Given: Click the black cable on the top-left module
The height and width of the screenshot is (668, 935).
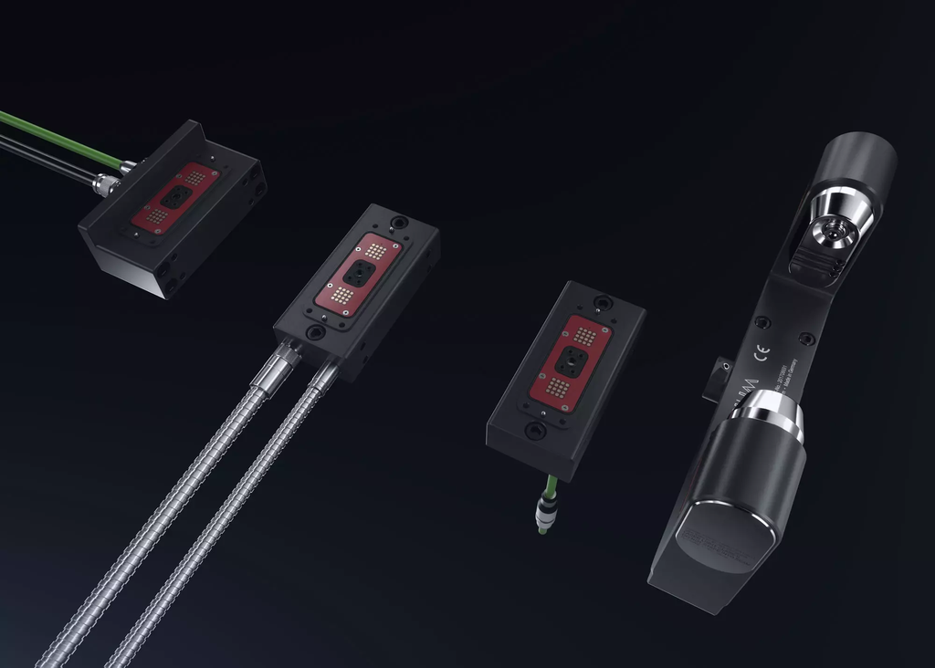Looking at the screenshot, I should tap(46, 161).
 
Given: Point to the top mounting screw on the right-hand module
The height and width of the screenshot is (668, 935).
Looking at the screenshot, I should tap(601, 302).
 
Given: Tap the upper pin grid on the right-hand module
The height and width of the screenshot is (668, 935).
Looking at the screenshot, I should tap(585, 336).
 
